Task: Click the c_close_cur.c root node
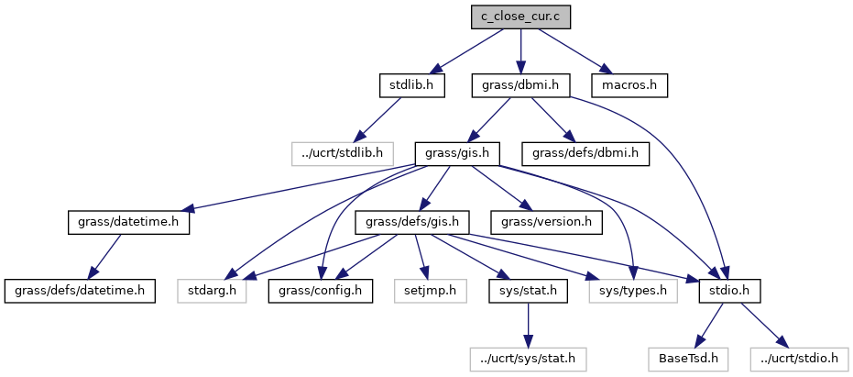click(x=520, y=17)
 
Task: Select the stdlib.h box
click(x=411, y=85)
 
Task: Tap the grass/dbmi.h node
click(x=520, y=85)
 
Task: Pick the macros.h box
click(x=629, y=85)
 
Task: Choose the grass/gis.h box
click(x=457, y=153)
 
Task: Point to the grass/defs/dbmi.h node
click(x=585, y=153)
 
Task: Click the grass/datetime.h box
click(x=128, y=222)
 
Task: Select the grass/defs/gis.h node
click(x=417, y=222)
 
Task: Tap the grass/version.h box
click(x=546, y=222)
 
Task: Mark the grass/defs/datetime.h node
click(x=80, y=291)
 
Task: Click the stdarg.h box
click(x=212, y=291)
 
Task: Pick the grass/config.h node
click(x=315, y=291)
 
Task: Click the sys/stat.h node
click(x=527, y=291)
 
